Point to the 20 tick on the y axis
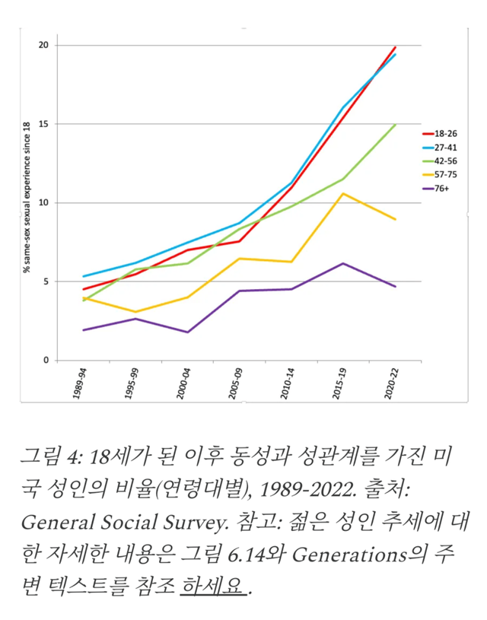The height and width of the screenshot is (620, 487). point(43,45)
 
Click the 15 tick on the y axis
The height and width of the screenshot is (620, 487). point(43,124)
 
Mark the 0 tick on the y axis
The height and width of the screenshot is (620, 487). point(46,360)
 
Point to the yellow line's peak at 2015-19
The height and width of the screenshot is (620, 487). point(343,193)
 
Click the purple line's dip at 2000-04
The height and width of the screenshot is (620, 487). point(186,332)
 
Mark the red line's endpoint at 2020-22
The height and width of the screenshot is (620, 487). point(396,47)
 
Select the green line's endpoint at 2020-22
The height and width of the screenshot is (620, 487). point(396,125)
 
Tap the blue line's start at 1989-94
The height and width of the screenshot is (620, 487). point(83,276)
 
